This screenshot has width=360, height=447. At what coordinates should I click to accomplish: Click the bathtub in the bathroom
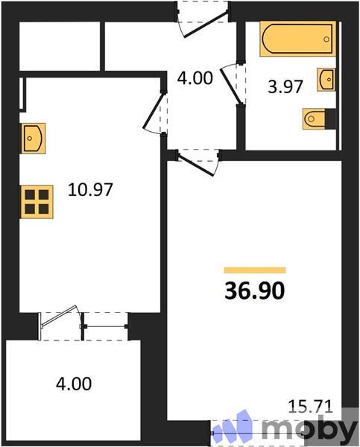point(297,39)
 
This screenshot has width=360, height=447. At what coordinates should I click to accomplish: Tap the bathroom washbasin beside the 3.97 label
point(326,78)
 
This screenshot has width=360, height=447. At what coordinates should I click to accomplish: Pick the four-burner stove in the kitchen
point(37,200)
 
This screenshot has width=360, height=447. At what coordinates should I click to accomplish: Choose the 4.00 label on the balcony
point(74,384)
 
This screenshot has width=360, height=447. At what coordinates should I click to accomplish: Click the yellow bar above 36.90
point(255,270)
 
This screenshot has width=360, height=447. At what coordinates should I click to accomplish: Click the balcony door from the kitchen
point(60,318)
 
